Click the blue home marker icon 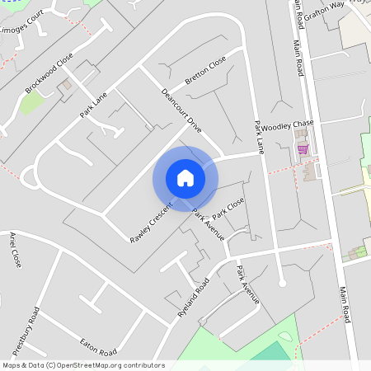185,178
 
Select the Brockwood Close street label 49,74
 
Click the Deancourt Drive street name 182,111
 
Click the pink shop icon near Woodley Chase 303,148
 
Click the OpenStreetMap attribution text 83,365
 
